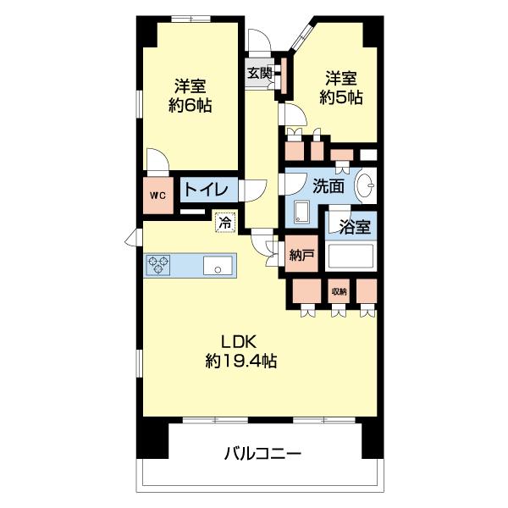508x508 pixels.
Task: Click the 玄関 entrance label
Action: point(259,74)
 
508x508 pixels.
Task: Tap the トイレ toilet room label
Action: point(206,190)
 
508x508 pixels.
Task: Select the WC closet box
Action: point(158,196)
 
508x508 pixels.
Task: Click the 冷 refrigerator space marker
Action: point(225,223)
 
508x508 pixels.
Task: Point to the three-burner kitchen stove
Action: point(157,265)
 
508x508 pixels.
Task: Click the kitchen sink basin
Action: point(218,265)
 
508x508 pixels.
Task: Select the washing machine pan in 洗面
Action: point(302,212)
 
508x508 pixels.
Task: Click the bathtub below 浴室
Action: point(351,257)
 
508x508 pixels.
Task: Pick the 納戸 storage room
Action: point(301,253)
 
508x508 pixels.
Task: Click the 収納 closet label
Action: point(339,291)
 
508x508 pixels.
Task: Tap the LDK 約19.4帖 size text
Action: point(240,351)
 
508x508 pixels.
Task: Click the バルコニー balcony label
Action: point(262,453)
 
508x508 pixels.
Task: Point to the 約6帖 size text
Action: point(190,105)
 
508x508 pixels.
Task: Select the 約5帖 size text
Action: point(341,97)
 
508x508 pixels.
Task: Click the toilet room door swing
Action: point(252,190)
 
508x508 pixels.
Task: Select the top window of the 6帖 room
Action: point(190,19)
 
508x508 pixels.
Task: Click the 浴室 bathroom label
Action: point(355,227)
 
